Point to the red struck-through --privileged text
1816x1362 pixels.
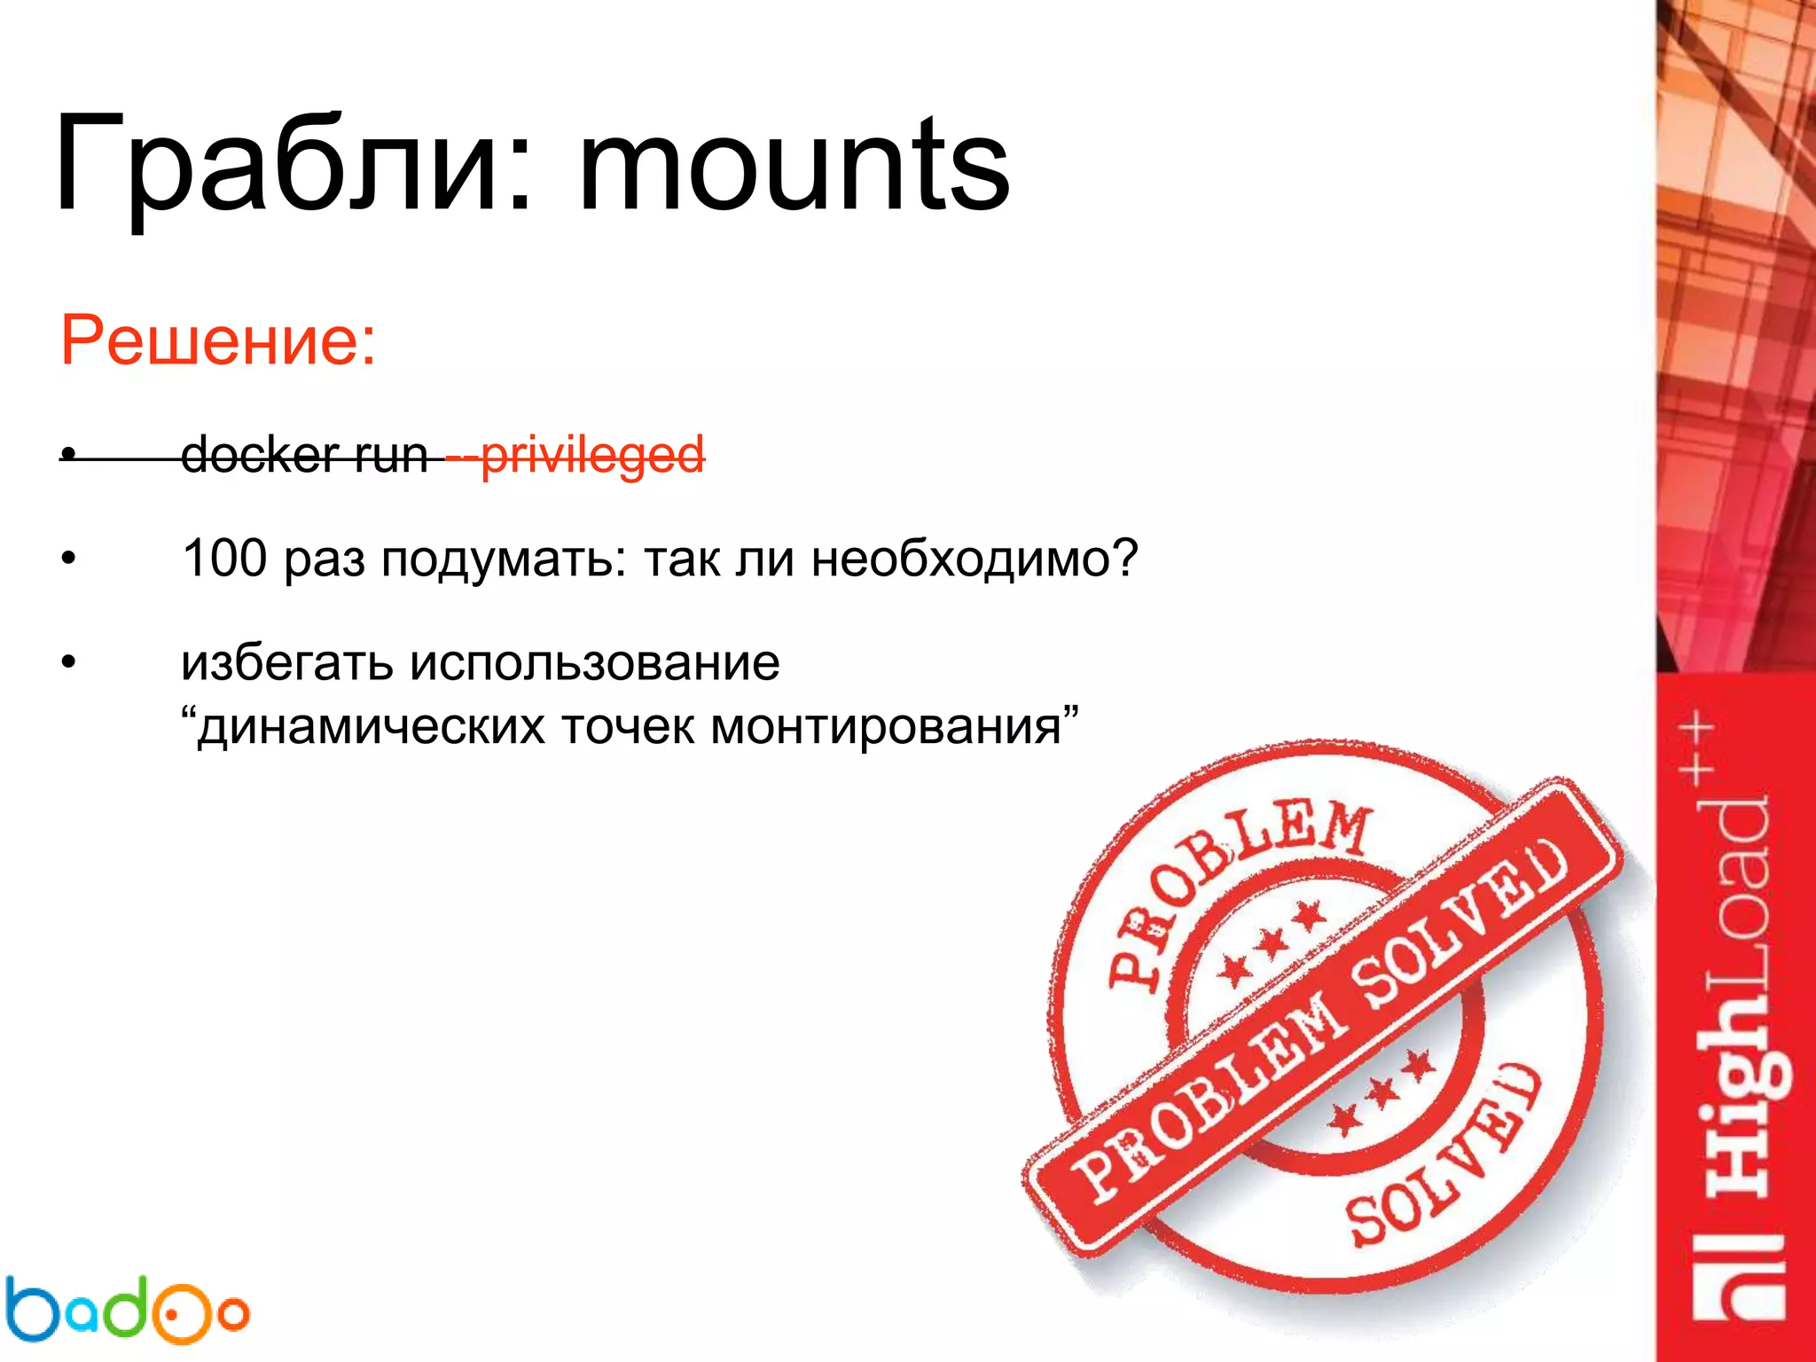pyautogui.click(x=576, y=456)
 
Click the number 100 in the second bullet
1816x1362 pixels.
pyautogui.click(x=224, y=559)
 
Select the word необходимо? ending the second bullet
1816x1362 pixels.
pyautogui.click(x=974, y=559)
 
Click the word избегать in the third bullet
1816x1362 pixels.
pyautogui.click(x=286, y=663)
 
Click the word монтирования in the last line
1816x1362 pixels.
pyautogui.click(x=887, y=727)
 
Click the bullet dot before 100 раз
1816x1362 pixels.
pyautogui.click(x=68, y=560)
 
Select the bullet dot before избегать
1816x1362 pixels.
pyautogui.click(x=68, y=663)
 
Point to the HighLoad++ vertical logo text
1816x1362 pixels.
pyautogui.click(x=1738, y=1020)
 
